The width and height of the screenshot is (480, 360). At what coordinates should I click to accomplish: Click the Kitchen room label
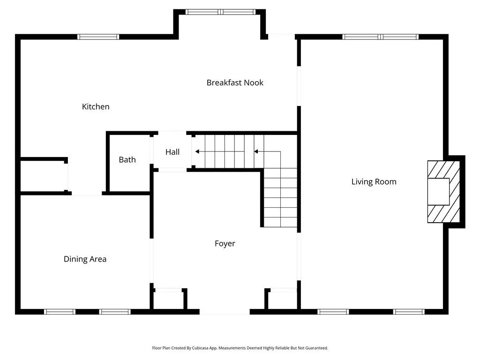click(x=96, y=106)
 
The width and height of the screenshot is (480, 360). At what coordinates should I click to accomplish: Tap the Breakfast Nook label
click(x=235, y=82)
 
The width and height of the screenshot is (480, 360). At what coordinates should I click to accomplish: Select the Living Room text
click(x=374, y=182)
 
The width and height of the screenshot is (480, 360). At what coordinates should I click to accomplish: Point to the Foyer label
click(x=225, y=244)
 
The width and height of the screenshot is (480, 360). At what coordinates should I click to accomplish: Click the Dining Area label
click(x=85, y=259)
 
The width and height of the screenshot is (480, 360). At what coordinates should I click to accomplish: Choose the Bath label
click(x=127, y=159)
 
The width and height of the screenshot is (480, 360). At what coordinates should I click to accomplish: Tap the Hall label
click(x=172, y=152)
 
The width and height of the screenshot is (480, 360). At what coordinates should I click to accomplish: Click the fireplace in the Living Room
click(x=443, y=192)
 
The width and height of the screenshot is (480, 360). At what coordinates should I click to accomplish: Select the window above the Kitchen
click(x=98, y=37)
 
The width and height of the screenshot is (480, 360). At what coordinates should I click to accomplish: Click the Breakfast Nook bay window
click(x=220, y=12)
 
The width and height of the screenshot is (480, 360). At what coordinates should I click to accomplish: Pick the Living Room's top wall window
click(x=380, y=37)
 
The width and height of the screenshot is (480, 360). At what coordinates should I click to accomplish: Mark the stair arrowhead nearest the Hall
click(x=197, y=151)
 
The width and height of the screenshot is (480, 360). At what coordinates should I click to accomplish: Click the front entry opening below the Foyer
click(x=225, y=312)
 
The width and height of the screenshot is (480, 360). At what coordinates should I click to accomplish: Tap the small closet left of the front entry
click(x=168, y=300)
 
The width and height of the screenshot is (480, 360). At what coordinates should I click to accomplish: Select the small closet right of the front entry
click(x=282, y=300)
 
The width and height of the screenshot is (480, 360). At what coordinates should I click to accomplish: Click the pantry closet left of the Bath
click(x=42, y=176)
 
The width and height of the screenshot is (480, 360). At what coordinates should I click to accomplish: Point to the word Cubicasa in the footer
click(x=200, y=348)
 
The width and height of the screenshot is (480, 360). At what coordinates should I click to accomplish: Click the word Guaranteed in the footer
click(x=316, y=348)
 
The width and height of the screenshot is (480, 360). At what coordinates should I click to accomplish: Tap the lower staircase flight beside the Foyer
click(x=280, y=198)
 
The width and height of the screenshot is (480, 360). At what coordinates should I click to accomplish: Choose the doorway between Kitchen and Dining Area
click(x=87, y=194)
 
